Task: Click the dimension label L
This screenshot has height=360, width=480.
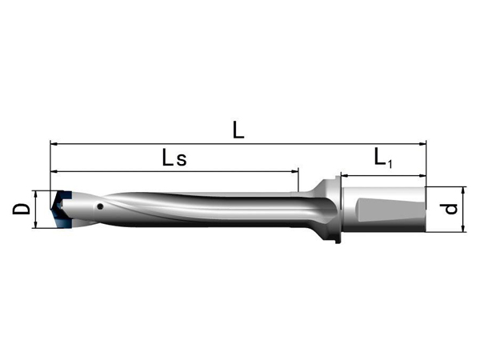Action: click(238, 130)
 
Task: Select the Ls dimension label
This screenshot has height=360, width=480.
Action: click(174, 158)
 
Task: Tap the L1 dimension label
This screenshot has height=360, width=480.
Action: click(383, 158)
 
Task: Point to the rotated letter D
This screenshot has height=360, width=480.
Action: click(22, 210)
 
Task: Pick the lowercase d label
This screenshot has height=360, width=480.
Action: click(451, 209)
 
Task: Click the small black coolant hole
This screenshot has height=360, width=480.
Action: click(99, 207)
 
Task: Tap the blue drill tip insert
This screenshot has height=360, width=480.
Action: click(61, 209)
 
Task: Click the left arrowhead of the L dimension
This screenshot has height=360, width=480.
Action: click(54, 143)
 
